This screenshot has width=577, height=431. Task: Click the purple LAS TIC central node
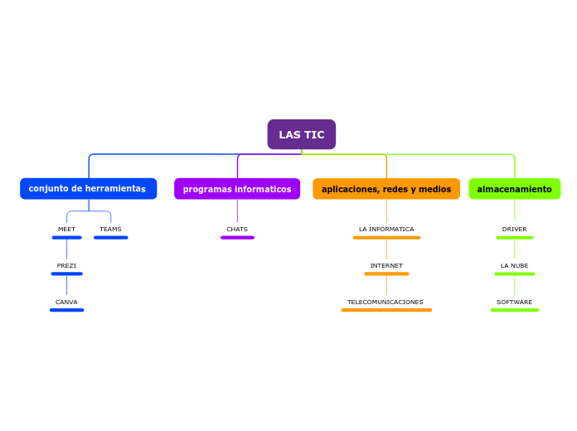pyautogui.click(x=302, y=134)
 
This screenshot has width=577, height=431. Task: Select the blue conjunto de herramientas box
pyautogui.click(x=88, y=189)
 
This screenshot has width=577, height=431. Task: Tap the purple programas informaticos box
pyautogui.click(x=237, y=189)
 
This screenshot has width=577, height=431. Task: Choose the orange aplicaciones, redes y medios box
pyautogui.click(x=386, y=189)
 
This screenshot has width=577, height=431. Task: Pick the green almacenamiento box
pyautogui.click(x=514, y=189)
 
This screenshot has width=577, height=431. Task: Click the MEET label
pyautogui.click(x=66, y=229)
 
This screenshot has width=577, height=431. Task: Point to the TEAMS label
pyautogui.click(x=110, y=229)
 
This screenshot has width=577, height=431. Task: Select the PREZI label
pyautogui.click(x=66, y=265)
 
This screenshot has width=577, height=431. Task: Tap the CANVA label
pyautogui.click(x=66, y=302)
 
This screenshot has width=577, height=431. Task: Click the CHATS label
pyautogui.click(x=237, y=229)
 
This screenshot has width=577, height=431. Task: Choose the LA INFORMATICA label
pyautogui.click(x=386, y=229)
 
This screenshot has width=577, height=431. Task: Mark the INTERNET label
pyautogui.click(x=386, y=265)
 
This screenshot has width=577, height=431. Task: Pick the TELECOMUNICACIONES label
pyautogui.click(x=385, y=302)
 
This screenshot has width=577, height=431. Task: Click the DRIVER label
pyautogui.click(x=515, y=229)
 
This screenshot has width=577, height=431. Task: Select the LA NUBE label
pyautogui.click(x=515, y=265)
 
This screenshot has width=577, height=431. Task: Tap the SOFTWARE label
pyautogui.click(x=515, y=302)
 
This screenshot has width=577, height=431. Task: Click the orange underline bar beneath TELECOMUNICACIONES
pyautogui.click(x=386, y=310)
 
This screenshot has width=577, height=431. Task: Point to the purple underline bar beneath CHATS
pyautogui.click(x=237, y=238)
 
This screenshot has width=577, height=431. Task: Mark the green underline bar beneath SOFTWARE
pyautogui.click(x=515, y=310)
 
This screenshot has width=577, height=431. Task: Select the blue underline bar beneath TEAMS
pyautogui.click(x=110, y=238)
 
